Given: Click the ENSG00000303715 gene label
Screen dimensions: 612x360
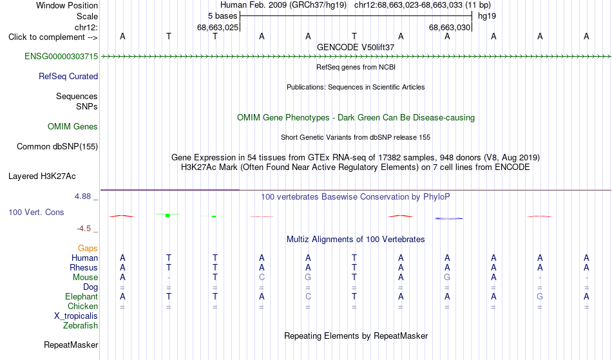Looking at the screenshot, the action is [x=61, y=57].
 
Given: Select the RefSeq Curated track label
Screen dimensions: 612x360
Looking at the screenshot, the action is [x=68, y=77].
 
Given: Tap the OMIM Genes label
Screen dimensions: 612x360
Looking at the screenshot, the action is [x=73, y=127].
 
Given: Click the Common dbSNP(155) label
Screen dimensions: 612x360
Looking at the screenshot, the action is [x=57, y=147].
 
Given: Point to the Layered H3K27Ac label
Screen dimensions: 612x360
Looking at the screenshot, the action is [x=42, y=176].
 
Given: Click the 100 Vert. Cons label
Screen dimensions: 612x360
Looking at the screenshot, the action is [x=36, y=212].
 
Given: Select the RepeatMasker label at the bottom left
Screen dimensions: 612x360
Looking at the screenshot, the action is [x=71, y=345].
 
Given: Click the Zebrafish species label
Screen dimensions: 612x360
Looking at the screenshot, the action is [x=81, y=326].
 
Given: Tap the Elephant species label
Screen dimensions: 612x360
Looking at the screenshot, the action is [x=82, y=297].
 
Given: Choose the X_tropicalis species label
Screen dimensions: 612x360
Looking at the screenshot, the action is [x=76, y=316].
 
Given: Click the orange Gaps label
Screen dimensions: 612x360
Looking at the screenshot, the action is [x=88, y=249].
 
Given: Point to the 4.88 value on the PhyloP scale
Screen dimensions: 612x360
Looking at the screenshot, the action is [x=82, y=196].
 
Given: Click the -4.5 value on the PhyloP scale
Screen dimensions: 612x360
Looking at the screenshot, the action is [x=84, y=229].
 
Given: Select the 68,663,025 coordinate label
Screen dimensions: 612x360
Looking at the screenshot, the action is [x=217, y=28].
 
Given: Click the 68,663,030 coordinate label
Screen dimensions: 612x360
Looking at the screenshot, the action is [x=450, y=28].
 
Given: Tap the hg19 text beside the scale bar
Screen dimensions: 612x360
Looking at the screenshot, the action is [x=487, y=16].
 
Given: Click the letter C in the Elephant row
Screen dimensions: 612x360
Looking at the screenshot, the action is [x=308, y=297].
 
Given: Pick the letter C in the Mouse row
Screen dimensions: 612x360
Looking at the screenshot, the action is [x=262, y=278].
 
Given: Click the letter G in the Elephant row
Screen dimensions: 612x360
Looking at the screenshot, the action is [x=540, y=297].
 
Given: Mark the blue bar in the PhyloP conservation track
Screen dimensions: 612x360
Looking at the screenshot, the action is [x=449, y=218].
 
